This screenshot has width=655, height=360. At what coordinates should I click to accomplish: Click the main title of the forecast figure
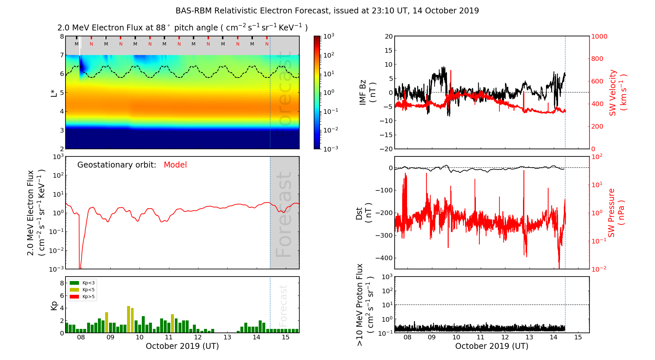(327, 11)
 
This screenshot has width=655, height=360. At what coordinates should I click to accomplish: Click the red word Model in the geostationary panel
(175, 165)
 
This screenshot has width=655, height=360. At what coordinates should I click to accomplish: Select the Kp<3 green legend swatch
(75, 283)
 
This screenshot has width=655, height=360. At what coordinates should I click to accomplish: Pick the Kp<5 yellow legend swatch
(75, 290)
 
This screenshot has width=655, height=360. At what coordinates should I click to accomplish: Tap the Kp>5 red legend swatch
(75, 297)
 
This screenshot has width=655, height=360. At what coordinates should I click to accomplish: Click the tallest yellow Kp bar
(129, 319)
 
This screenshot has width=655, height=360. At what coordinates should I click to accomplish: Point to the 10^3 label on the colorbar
(328, 36)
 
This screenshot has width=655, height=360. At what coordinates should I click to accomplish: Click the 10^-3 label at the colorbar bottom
(330, 149)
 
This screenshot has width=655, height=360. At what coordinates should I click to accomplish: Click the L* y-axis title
(54, 93)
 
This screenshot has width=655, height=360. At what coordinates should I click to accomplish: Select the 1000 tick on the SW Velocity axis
(599, 36)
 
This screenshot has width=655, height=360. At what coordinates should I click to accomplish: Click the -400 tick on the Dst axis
(384, 258)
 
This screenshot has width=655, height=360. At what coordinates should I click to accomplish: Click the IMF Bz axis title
(367, 92)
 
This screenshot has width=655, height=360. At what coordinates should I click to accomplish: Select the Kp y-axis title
(54, 306)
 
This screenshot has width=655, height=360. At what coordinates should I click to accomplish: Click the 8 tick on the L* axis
(62, 36)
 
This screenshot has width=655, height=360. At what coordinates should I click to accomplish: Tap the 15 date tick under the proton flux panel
(578, 337)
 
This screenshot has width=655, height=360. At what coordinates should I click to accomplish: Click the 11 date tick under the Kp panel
(169, 337)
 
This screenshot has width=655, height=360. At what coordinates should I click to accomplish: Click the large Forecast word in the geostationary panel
(284, 214)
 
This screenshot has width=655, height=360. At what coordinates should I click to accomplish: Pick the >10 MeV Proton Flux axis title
(364, 305)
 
